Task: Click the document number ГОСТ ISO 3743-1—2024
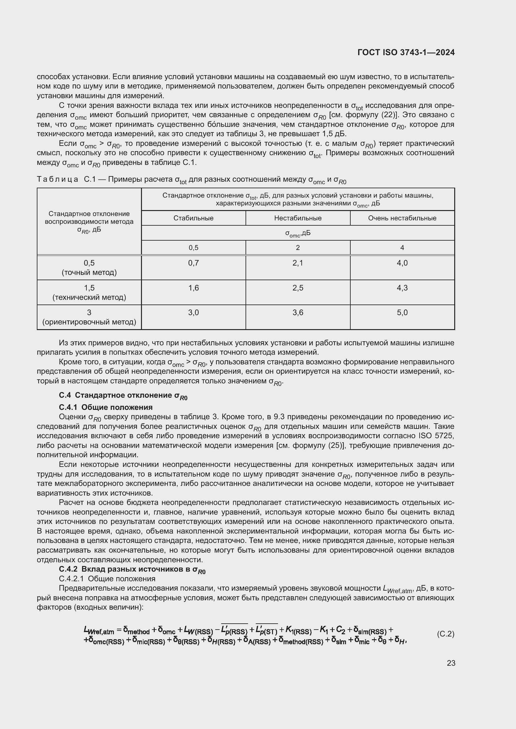[406, 52]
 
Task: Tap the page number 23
[451, 663]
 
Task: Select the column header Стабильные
[193, 218]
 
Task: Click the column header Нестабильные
[298, 218]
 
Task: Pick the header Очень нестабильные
[402, 218]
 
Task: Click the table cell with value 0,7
[193, 263]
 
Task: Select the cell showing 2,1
[298, 263]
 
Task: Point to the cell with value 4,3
[402, 288]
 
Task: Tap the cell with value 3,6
[298, 312]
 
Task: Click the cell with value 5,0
[402, 312]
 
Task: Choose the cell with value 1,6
[193, 288]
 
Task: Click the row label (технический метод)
[89, 297]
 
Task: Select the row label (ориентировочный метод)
[89, 322]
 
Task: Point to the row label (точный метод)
[89, 272]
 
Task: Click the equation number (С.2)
[445, 634]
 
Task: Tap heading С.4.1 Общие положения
[105, 407]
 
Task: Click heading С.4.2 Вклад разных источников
[132, 569]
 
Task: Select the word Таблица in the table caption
[57, 180]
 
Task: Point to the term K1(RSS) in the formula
[298, 630]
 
